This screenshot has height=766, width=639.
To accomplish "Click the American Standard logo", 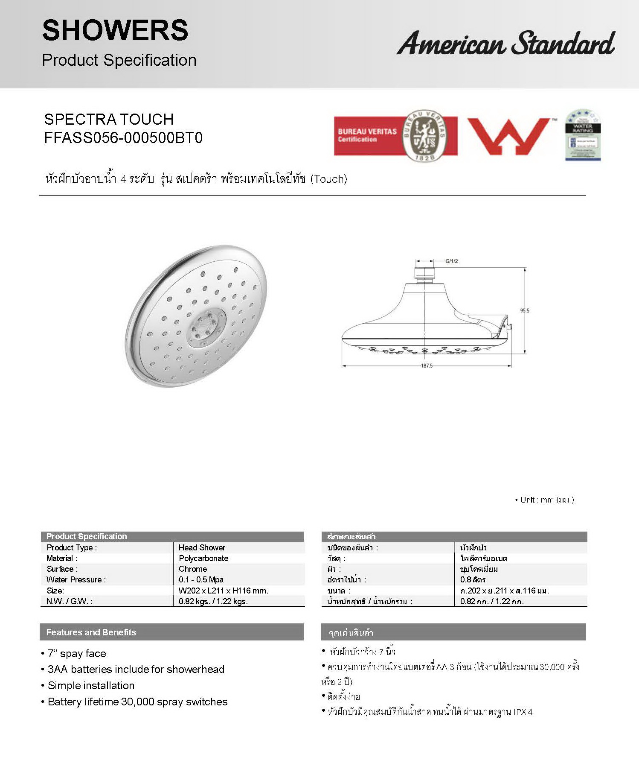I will point(505,43).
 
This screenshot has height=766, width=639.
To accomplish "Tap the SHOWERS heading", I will point(115,30).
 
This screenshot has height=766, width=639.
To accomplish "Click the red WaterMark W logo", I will point(509,136).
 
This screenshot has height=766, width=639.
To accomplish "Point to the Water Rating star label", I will point(583,135).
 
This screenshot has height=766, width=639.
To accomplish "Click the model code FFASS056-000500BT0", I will point(123,138).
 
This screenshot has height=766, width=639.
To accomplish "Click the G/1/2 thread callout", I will point(451,261).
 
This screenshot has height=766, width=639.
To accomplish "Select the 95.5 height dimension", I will point(524,310).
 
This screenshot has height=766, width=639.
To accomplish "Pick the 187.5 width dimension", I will point(427,366).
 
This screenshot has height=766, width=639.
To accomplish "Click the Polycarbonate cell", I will point(203,558).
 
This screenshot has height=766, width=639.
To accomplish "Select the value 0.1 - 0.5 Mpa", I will point(201,579).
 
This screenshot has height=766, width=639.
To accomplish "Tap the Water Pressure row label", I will point(76,579).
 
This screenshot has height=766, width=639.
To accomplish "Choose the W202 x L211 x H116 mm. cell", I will point(223,591).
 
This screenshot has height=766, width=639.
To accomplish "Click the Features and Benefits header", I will point(91,632).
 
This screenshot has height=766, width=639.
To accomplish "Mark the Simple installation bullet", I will point(91,685).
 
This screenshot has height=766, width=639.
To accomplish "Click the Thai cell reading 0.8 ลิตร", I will point(473,579).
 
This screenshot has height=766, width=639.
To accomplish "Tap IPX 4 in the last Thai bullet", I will point(523,712).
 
